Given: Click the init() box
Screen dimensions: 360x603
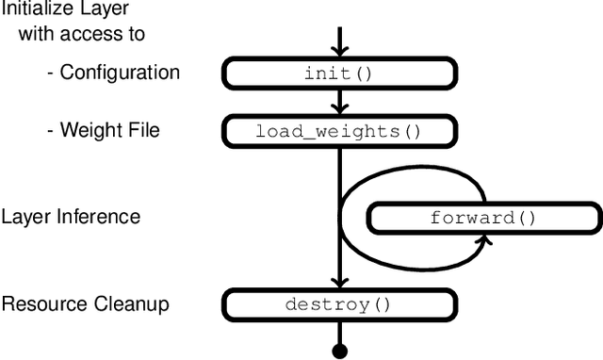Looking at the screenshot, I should pyautogui.click(x=338, y=73).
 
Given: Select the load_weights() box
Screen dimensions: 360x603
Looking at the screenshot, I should pyautogui.click(x=338, y=131).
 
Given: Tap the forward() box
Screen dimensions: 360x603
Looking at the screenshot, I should pyautogui.click(x=482, y=218).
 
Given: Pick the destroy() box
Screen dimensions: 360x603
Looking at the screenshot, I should pyautogui.click(x=338, y=304).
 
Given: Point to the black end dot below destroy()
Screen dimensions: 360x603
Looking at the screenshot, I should pyautogui.click(x=339, y=352).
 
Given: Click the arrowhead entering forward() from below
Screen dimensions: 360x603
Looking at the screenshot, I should pyautogui.click(x=484, y=239).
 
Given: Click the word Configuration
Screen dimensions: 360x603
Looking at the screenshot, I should pyautogui.click(x=120, y=73).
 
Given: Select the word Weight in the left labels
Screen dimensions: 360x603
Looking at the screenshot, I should pyautogui.click(x=87, y=130).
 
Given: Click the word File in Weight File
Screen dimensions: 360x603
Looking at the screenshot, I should pyautogui.click(x=142, y=130).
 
